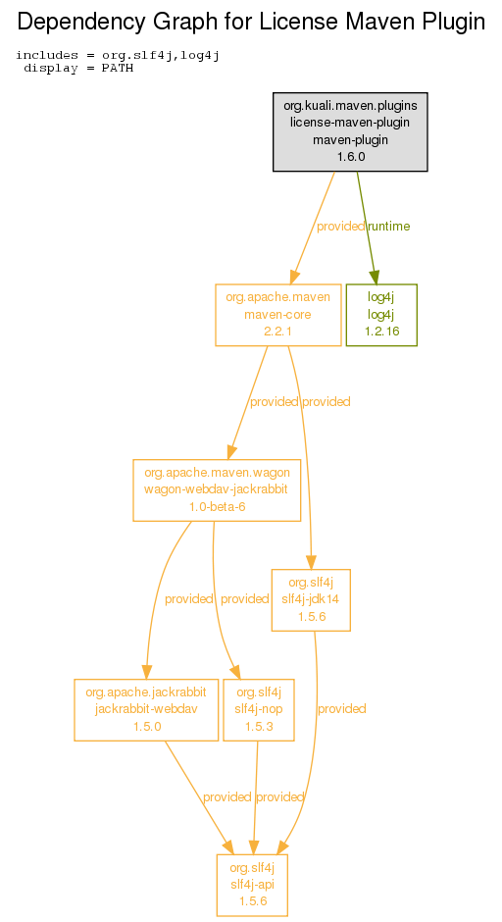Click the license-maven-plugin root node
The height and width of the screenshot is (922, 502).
pos(350,131)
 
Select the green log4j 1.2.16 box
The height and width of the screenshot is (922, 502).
pos(381,315)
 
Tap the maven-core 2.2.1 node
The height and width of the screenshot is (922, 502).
pos(278,315)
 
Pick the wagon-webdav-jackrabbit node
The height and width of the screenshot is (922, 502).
pos(217,489)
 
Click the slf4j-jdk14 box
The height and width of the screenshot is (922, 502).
pos(311,599)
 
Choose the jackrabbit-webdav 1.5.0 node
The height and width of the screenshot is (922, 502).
pos(146,710)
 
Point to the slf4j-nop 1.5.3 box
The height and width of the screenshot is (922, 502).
pos(259,710)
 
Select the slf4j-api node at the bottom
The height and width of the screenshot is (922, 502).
pos(252,885)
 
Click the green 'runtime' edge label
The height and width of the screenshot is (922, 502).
pos(389,227)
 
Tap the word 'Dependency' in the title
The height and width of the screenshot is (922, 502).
pos(80,23)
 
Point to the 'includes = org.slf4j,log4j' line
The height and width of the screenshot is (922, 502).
pos(118,55)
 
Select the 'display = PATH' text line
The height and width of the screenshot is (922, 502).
pos(78,69)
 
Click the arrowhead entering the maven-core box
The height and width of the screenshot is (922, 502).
pos(294,277)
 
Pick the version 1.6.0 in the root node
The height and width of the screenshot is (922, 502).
pos(351,157)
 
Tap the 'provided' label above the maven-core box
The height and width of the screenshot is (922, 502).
pos(341,227)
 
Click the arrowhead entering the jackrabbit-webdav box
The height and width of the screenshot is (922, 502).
pos(146,672)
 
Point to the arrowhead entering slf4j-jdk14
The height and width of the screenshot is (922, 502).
pos(312,562)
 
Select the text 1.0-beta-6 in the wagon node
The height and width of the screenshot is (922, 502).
pos(217,507)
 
